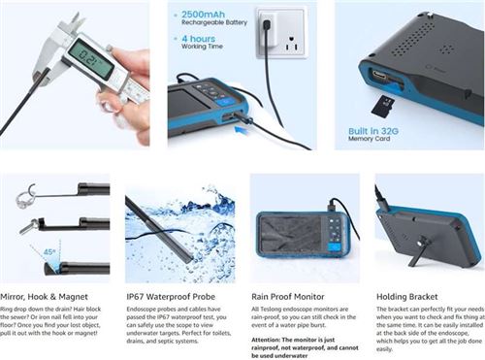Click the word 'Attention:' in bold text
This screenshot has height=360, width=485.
269,340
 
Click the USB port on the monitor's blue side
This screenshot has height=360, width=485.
377,76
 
